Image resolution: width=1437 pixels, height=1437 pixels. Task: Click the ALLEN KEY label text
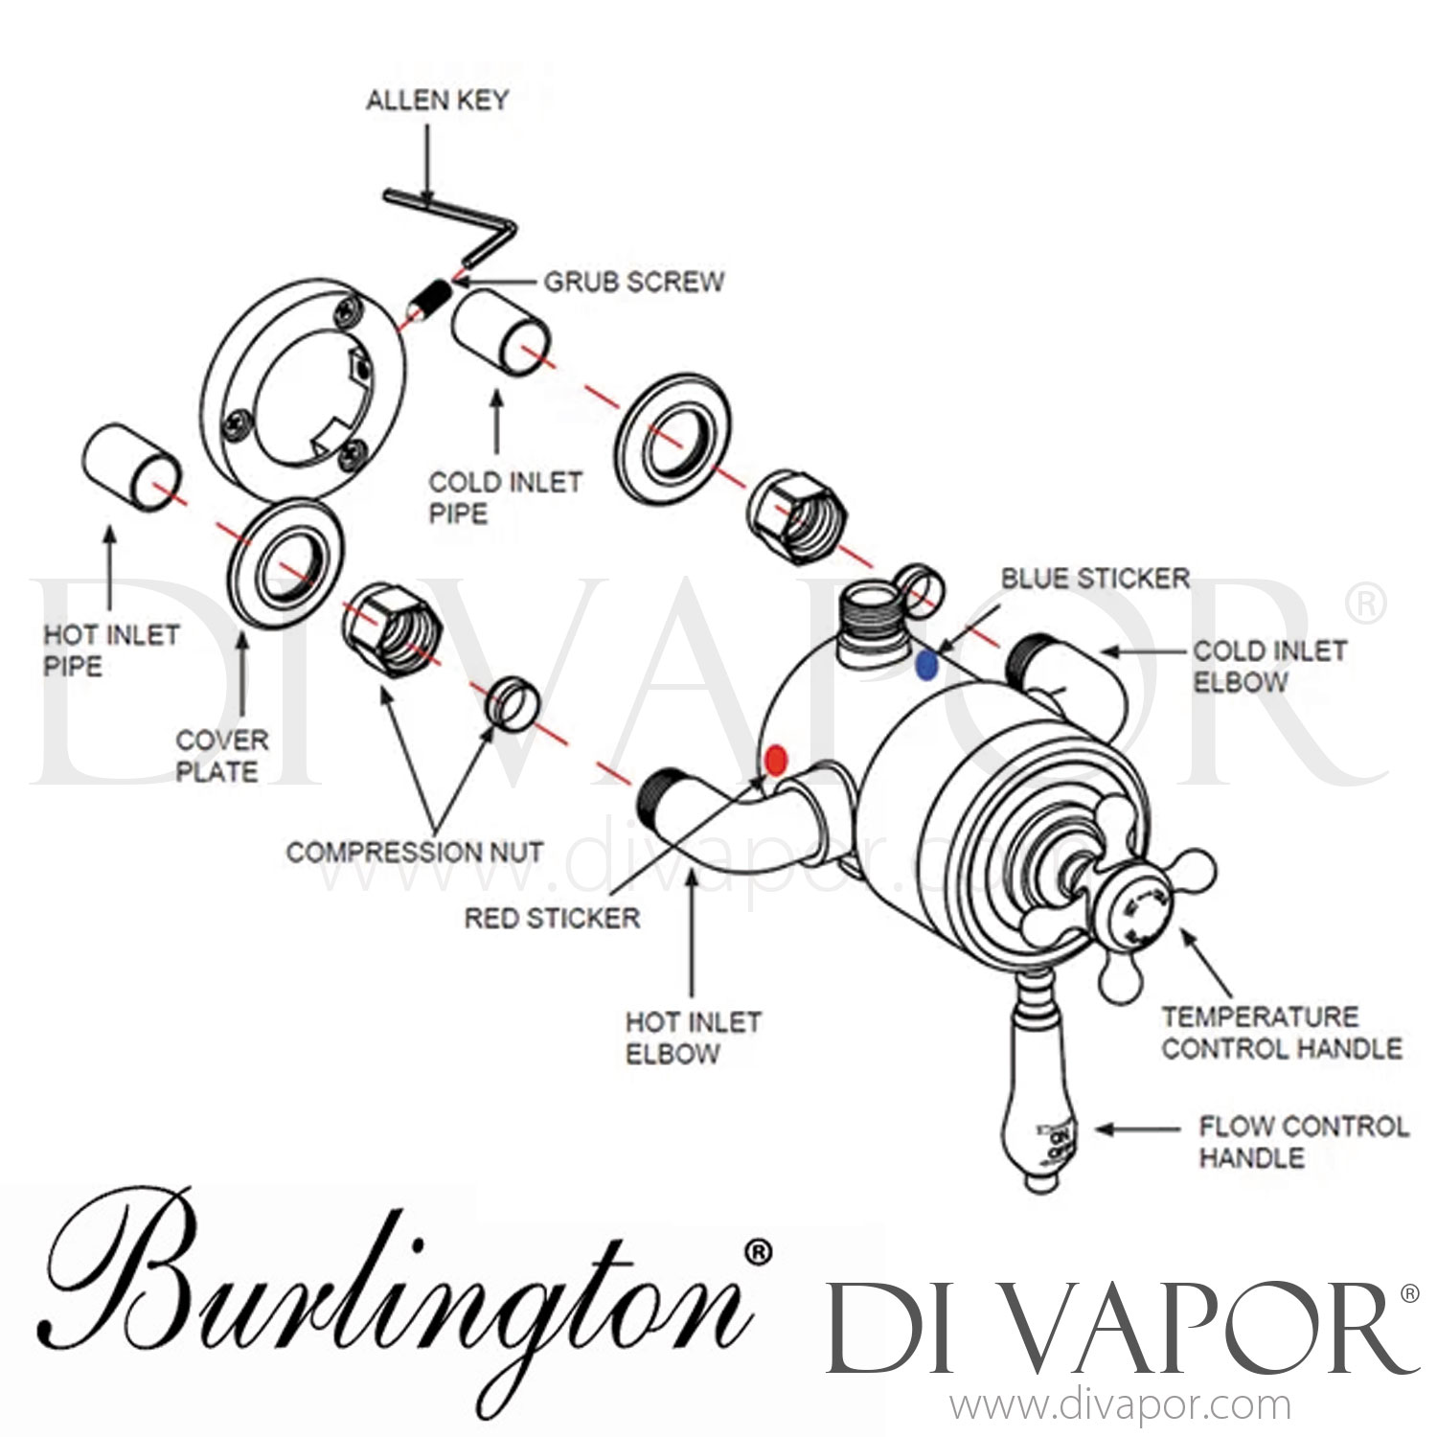click(437, 100)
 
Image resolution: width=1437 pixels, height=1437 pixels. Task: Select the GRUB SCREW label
click(633, 282)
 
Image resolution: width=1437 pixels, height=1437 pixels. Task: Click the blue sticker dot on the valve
click(925, 665)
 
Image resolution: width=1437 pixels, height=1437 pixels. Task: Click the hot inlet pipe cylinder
click(129, 468)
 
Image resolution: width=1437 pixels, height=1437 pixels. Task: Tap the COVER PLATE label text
click(220, 756)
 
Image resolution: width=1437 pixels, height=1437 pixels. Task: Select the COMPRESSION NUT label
click(414, 852)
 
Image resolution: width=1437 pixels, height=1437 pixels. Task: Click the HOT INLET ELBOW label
click(692, 1038)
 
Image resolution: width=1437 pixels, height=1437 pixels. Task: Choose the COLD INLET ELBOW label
click(1267, 666)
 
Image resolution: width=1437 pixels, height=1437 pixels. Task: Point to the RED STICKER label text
click(552, 918)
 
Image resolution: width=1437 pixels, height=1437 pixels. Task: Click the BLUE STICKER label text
click(1095, 579)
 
